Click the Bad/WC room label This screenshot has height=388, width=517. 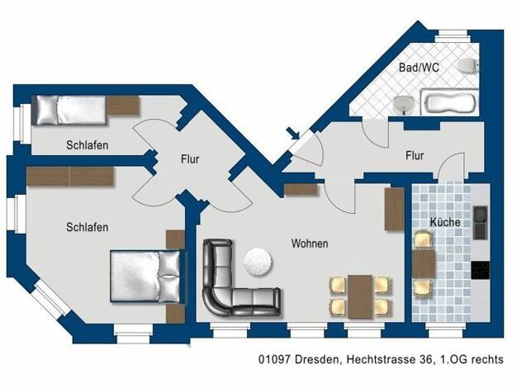click(419, 68)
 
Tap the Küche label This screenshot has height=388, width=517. click(445, 222)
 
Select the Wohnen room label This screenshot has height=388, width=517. click(310, 244)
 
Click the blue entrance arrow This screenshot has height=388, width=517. click(293, 133)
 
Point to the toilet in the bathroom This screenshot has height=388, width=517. click(468, 65)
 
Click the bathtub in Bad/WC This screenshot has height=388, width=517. click(449, 102)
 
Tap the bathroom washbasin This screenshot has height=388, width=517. click(404, 105)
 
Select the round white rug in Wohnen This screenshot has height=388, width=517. click(258, 262)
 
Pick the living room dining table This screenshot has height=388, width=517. click(360, 296)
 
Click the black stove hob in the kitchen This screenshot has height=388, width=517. click(481, 270)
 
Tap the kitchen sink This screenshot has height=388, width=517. click(481, 223)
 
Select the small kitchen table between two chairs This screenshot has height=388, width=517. click(424, 263)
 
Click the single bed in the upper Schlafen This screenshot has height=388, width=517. click(71, 110)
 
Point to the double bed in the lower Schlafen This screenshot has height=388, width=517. click(146, 277)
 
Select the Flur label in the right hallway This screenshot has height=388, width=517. click(415, 155)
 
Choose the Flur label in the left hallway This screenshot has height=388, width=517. click(190, 159)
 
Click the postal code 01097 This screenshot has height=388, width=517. click(275, 359)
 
